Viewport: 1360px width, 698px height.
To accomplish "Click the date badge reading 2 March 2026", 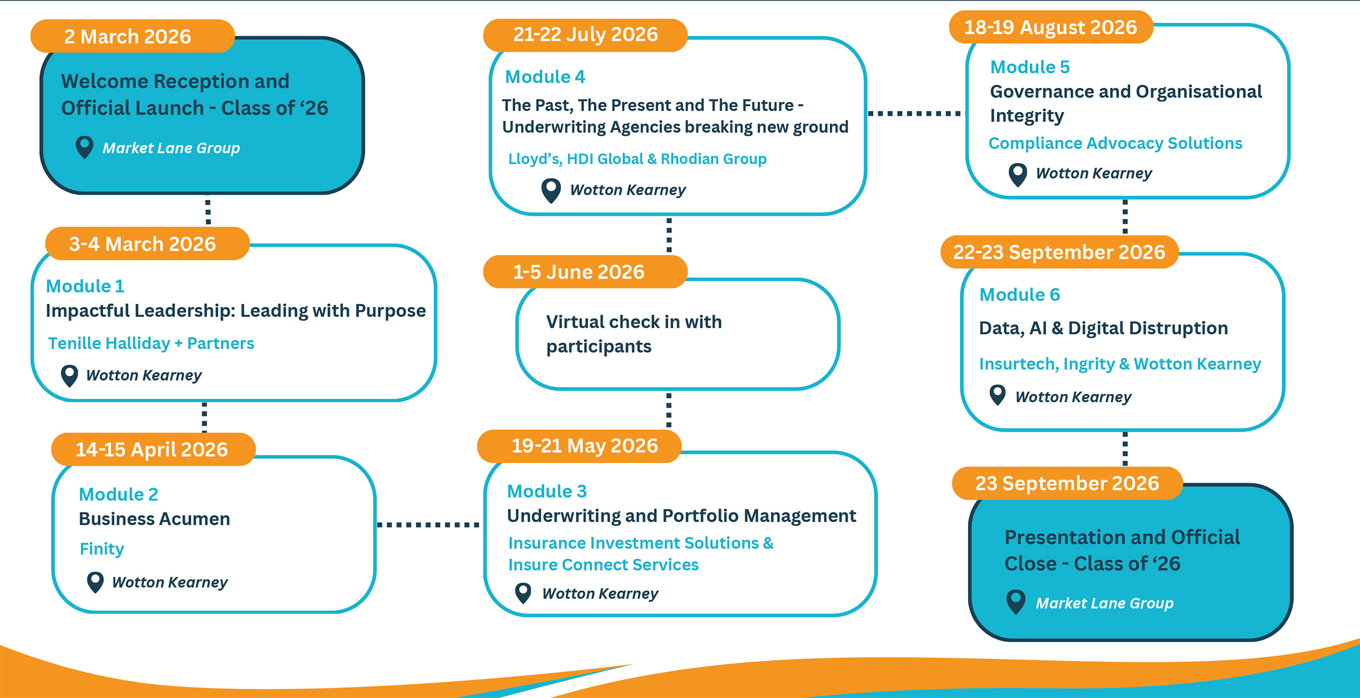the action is click(132, 36).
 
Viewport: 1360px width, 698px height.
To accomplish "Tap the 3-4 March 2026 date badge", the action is click(147, 243).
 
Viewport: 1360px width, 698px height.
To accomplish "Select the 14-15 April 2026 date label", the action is click(153, 449).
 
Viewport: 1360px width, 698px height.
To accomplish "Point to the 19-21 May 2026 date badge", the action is click(579, 446).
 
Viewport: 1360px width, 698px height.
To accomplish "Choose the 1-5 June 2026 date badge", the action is click(585, 272).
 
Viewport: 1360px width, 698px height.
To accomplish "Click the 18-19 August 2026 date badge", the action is click(1051, 27).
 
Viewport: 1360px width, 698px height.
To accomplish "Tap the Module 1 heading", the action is click(85, 286).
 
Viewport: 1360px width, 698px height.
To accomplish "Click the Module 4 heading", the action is click(545, 77).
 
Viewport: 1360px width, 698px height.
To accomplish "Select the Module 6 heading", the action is click(1019, 295).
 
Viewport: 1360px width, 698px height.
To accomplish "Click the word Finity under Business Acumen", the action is click(101, 549).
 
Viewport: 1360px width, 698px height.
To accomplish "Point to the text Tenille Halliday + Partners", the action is click(151, 343).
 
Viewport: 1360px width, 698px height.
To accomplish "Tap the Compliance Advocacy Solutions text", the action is click(1115, 144).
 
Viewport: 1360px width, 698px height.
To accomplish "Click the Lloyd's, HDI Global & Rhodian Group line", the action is click(637, 159).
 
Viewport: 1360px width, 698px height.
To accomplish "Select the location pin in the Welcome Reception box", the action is click(84, 147).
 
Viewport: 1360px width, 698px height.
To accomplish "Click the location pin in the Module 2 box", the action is click(95, 582).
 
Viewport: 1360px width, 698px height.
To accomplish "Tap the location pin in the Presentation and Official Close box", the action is click(1016, 602).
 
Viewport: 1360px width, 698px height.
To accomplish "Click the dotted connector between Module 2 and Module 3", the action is click(428, 525).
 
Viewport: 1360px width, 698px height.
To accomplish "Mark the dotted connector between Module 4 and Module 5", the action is click(914, 113).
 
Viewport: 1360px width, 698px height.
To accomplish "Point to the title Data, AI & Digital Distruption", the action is click(1103, 329).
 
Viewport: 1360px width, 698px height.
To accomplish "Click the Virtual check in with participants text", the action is click(634, 334).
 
